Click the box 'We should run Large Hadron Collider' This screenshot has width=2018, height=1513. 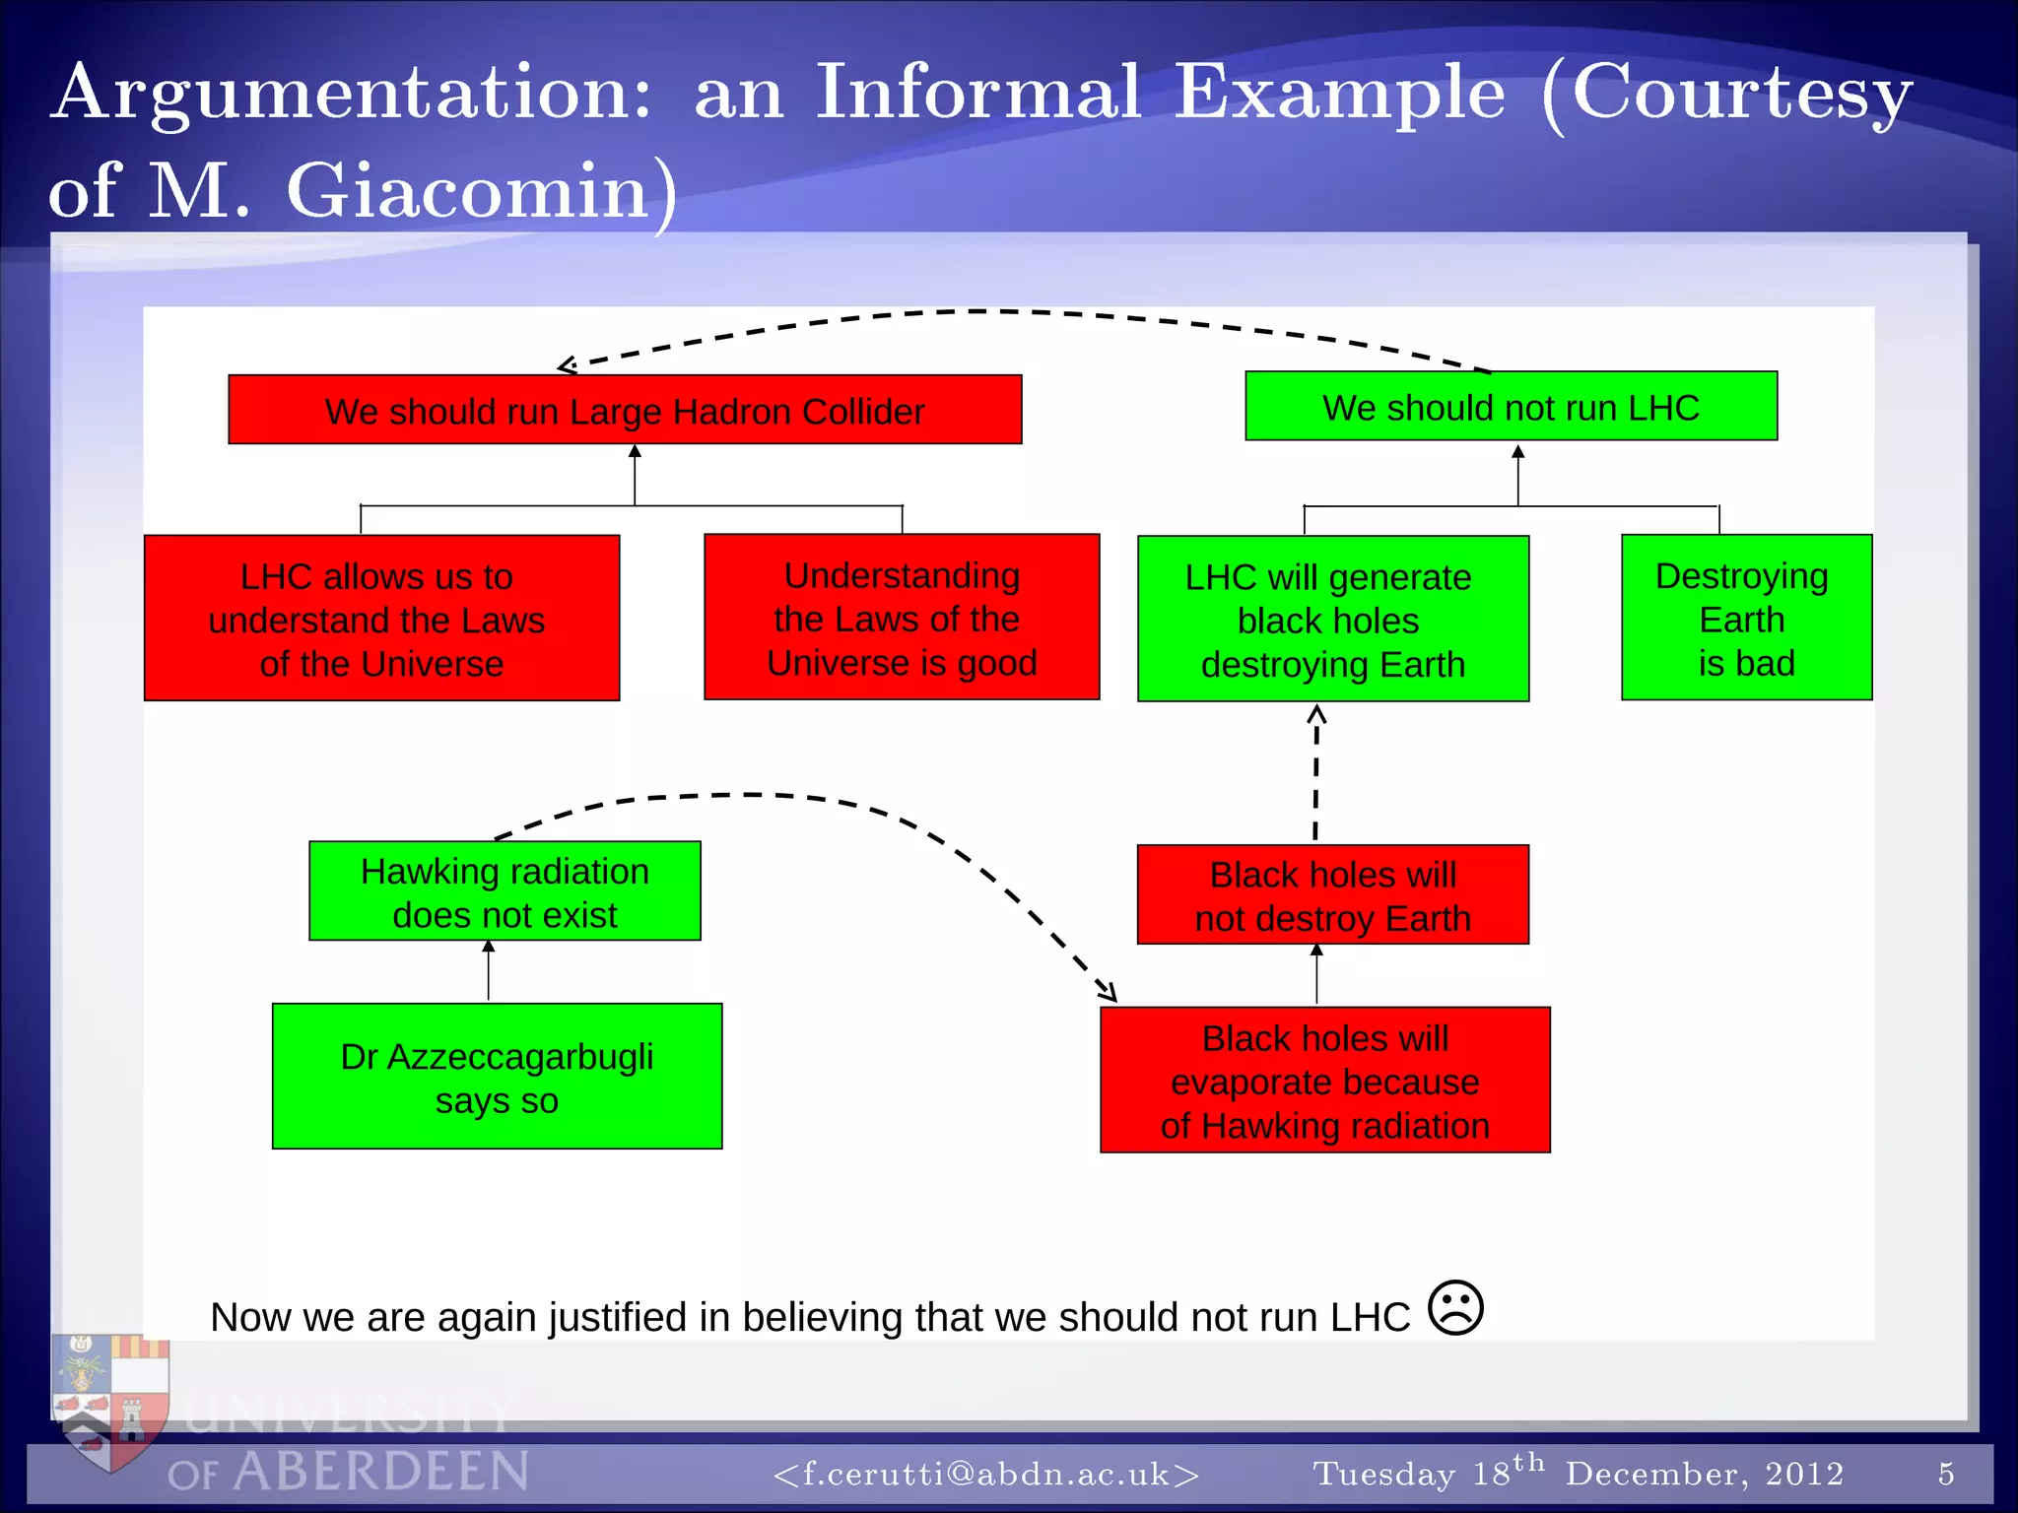click(625, 410)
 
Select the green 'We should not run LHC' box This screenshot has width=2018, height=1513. click(1511, 406)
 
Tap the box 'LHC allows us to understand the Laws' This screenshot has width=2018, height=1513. click(381, 619)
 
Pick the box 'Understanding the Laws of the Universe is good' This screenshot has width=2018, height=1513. click(902, 618)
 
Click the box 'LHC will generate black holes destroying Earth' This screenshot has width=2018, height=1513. click(1332, 620)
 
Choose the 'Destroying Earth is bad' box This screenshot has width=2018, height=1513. click(1746, 618)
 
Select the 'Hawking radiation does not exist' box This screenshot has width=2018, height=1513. click(504, 891)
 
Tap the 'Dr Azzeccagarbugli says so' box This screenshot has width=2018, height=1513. click(497, 1077)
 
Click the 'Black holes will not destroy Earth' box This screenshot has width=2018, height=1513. click(1332, 894)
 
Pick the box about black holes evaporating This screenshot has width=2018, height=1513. click(1324, 1081)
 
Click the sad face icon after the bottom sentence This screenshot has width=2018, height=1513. click(1455, 1308)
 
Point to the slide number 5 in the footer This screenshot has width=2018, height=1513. click(1946, 1474)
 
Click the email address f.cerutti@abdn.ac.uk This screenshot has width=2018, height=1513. click(986, 1474)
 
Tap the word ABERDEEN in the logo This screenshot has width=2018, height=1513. click(381, 1472)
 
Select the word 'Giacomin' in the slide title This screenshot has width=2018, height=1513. click(467, 191)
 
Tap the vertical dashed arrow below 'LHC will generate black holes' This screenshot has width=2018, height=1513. click(1316, 773)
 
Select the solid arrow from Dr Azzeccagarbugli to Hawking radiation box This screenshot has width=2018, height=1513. click(488, 972)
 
